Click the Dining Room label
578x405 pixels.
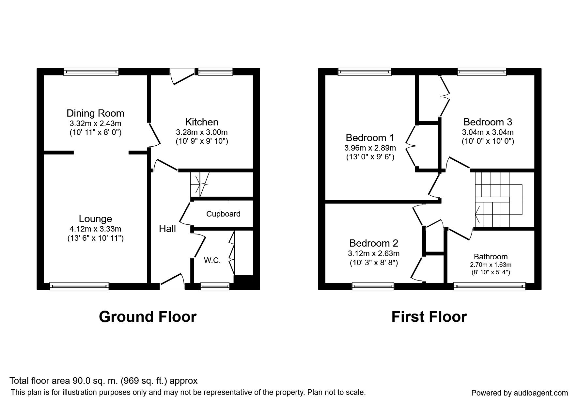click(x=95, y=113)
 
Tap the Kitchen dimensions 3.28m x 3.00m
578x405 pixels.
click(x=202, y=132)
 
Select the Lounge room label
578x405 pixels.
click(x=95, y=219)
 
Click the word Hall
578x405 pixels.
click(x=167, y=229)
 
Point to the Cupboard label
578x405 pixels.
click(x=223, y=214)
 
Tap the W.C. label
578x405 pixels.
click(x=212, y=260)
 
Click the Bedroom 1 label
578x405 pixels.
click(x=370, y=138)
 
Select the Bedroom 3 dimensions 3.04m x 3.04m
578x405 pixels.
click(x=488, y=132)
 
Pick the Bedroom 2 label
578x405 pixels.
click(x=373, y=243)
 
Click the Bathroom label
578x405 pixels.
click(x=491, y=257)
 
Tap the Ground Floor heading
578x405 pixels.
click(x=148, y=317)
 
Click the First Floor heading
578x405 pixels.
click(x=429, y=317)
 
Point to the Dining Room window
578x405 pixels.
click(x=91, y=72)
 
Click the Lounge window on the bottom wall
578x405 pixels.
click(x=79, y=286)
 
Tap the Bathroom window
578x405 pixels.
click(x=490, y=286)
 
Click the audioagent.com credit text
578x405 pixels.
click(x=519, y=393)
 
